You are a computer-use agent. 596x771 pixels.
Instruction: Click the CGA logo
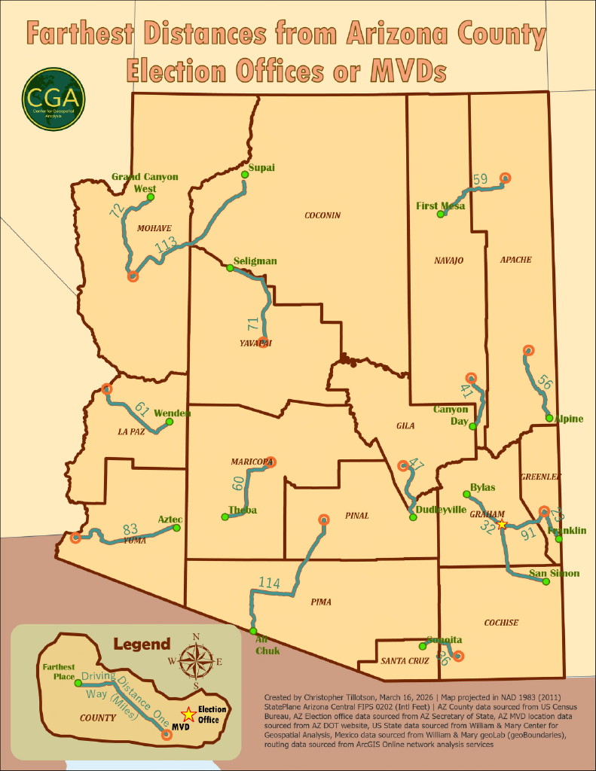coord(53,99)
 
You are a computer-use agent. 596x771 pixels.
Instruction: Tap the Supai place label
coord(261,167)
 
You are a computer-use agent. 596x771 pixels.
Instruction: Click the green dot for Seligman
coord(231,267)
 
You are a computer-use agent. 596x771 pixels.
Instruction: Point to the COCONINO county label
coord(322,215)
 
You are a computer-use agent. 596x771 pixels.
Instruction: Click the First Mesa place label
coord(441,206)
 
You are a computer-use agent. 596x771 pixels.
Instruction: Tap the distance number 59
coord(481,179)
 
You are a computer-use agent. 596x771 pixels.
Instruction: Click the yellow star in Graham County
coord(503,524)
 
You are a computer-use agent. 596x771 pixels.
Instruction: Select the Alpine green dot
coord(549,418)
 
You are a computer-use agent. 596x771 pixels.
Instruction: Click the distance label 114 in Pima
coord(269,583)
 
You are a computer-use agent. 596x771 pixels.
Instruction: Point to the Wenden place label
coord(173,413)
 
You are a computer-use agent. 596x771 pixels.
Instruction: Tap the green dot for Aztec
coord(177,528)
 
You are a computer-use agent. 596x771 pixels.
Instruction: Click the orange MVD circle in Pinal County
coord(324,520)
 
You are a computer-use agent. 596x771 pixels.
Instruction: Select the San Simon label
coord(554,574)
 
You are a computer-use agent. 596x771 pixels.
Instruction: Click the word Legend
coord(142,645)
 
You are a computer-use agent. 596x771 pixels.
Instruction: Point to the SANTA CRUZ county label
coord(405,661)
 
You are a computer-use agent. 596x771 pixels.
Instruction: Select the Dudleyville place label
coord(441,510)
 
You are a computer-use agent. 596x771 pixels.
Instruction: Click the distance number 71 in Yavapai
coord(253,325)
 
